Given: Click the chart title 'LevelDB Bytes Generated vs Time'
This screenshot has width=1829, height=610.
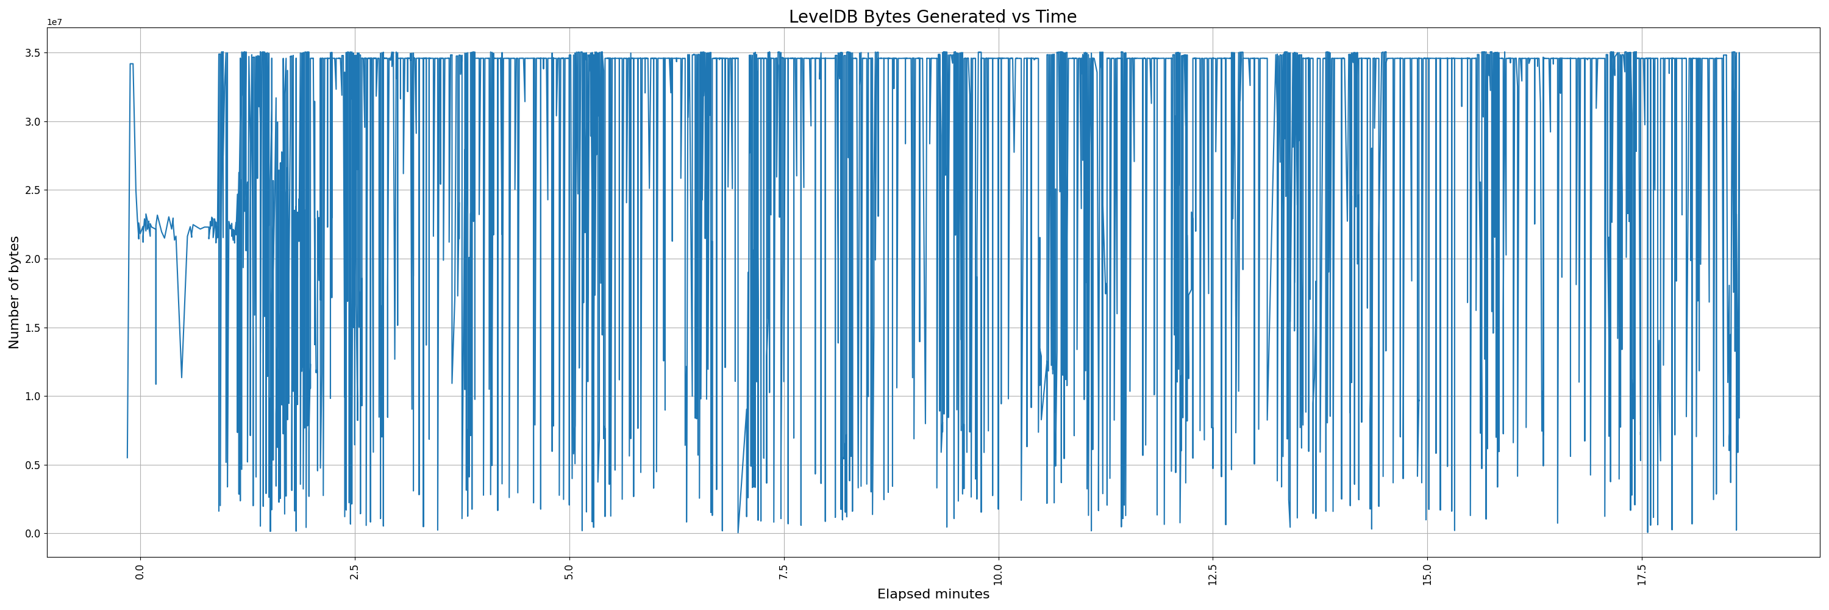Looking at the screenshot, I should pyautogui.click(x=932, y=16).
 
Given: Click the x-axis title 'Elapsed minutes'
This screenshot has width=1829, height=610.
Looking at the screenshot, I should pyautogui.click(x=932, y=594).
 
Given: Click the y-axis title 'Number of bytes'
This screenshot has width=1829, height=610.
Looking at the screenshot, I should pyautogui.click(x=13, y=293).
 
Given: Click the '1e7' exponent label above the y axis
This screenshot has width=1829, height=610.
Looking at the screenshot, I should pyautogui.click(x=55, y=23).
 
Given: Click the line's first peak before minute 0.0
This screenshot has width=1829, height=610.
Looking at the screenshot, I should pyautogui.click(x=131, y=64).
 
